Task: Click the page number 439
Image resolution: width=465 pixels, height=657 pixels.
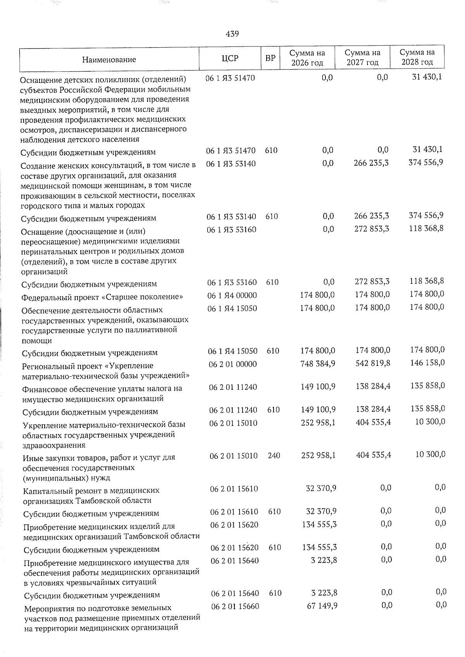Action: [x=232, y=34]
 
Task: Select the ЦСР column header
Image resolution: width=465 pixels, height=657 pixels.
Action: [x=230, y=58]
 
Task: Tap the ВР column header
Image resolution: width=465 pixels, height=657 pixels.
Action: [x=270, y=58]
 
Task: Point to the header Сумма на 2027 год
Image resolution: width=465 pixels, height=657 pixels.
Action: [x=362, y=57]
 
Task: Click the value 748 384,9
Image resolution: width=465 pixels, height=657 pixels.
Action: [x=318, y=363]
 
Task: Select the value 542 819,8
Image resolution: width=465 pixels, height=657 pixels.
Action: [x=373, y=363]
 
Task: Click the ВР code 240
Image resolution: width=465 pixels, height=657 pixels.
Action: [x=274, y=456]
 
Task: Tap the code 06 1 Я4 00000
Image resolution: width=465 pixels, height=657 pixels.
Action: [x=232, y=295]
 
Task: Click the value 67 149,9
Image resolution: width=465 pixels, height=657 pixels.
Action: [x=322, y=605]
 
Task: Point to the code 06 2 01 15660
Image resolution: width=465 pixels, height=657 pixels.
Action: [x=235, y=606]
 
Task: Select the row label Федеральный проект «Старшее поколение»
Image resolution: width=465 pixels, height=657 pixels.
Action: [x=102, y=297]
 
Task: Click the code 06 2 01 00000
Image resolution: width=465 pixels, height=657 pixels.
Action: [x=233, y=364]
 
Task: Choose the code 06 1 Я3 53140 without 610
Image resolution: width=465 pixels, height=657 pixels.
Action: [x=231, y=164]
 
